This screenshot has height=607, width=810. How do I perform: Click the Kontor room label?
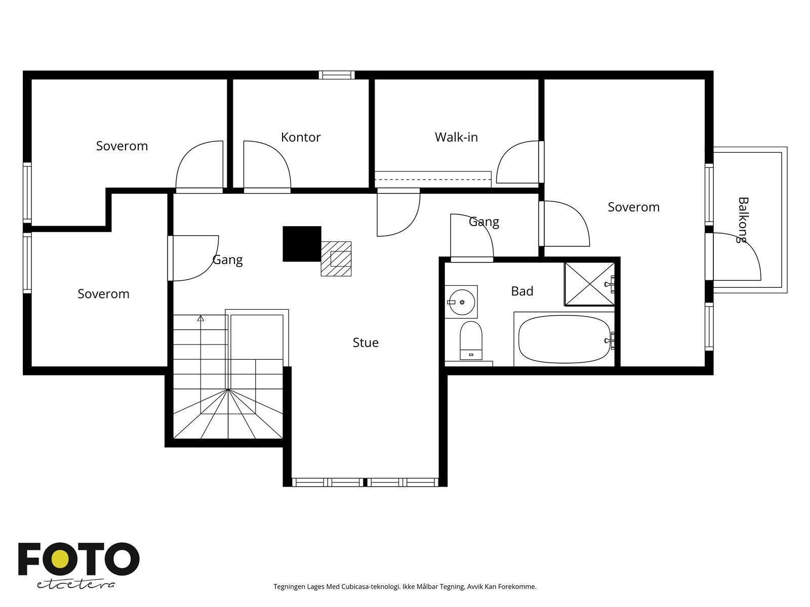[301, 137]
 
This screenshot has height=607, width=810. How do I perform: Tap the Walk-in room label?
[456, 137]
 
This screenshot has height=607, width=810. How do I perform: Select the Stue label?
[366, 342]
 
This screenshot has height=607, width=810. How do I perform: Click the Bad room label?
[522, 291]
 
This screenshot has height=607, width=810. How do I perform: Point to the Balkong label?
[743, 220]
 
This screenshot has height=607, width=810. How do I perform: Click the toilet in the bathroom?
[471, 340]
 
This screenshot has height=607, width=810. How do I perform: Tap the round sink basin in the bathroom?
[462, 302]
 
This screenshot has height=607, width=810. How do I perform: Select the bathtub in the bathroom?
[564, 339]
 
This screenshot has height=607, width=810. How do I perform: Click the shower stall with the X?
[590, 284]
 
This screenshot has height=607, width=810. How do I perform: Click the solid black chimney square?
[302, 244]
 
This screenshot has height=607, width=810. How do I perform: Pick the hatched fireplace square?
[336, 258]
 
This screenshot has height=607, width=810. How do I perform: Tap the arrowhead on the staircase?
[200, 318]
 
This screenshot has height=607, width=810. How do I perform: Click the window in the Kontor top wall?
[337, 75]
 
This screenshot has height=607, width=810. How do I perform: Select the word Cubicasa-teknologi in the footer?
[371, 586]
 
